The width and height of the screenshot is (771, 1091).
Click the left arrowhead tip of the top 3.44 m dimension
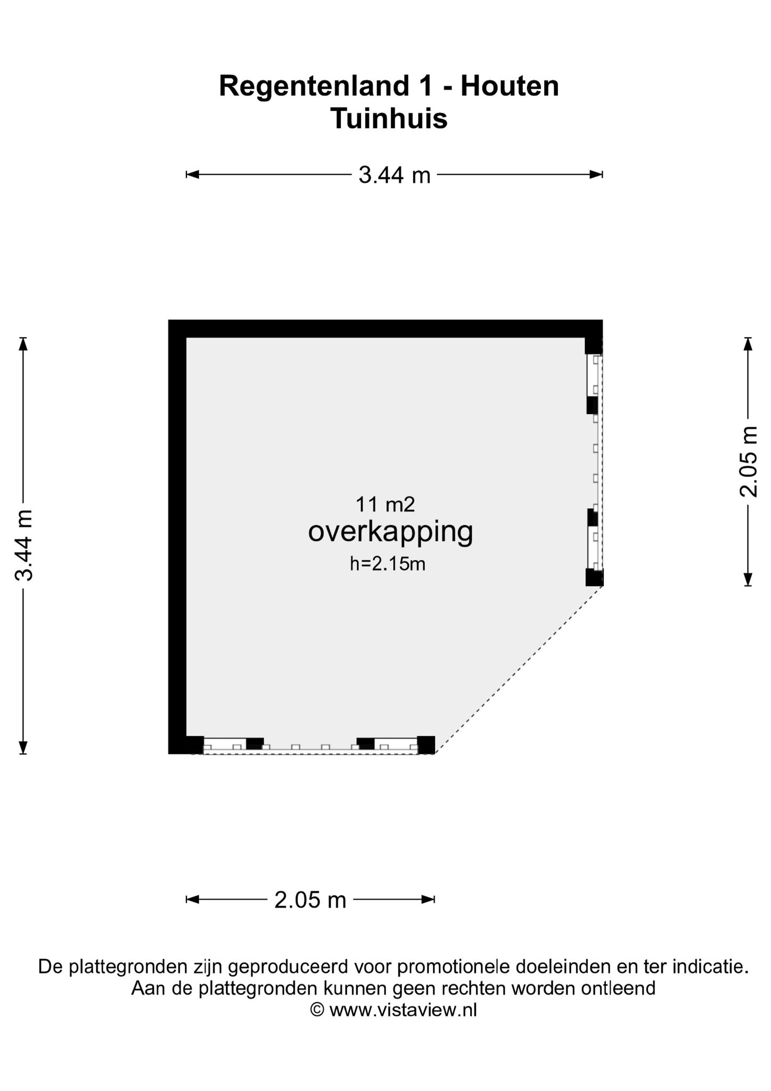tap(186, 174)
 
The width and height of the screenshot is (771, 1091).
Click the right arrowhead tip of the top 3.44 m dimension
tap(602, 174)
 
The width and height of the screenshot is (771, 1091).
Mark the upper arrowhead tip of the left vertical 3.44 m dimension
tap(23, 338)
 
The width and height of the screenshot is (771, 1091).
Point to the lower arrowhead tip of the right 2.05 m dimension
tap(748, 586)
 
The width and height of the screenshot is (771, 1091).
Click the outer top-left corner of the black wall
tap(169, 320)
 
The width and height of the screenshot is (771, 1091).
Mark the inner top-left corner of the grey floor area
tap(186, 338)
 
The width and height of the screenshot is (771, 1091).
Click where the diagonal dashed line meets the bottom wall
tap(435, 753)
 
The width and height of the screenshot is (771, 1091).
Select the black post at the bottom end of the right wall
tap(594, 577)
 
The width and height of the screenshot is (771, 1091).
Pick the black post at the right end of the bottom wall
tap(426, 745)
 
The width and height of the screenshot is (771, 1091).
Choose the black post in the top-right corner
tap(594, 346)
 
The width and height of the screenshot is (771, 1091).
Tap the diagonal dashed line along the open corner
tap(519, 670)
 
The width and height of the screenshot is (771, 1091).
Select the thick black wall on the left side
tap(177, 537)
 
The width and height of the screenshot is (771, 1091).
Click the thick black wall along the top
tap(385, 329)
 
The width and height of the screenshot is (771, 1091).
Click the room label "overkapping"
tap(390, 533)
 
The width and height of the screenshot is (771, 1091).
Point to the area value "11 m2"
tap(385, 504)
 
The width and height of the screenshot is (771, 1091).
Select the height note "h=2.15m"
tap(388, 564)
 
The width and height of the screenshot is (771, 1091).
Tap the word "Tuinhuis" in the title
tap(389, 118)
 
